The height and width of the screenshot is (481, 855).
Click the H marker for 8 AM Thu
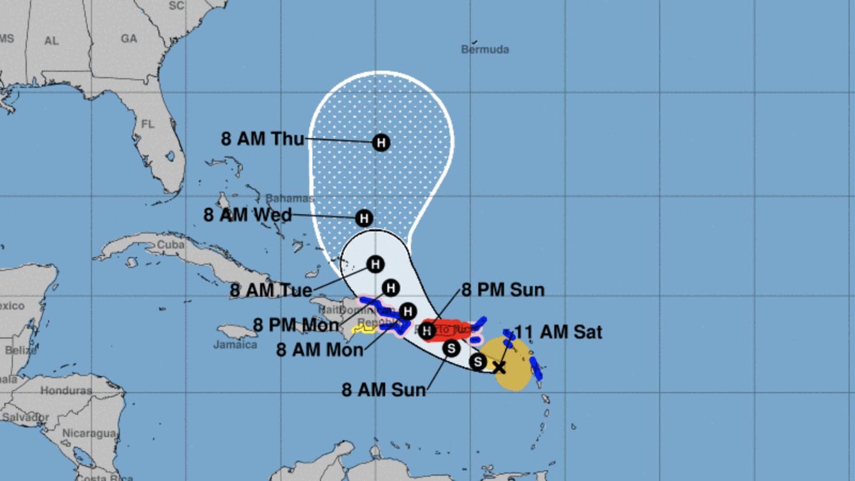pos(381,142)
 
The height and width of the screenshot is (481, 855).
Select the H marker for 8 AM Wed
pos(364,218)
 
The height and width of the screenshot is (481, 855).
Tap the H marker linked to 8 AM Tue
pos(375,264)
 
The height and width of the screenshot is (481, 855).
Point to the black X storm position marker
pos(499,367)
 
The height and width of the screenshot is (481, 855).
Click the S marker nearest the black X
pos(477,362)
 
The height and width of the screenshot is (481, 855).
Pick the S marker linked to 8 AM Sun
pos(451,348)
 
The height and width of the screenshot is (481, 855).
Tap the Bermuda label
pos(485,49)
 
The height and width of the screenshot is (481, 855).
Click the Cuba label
pos(170,244)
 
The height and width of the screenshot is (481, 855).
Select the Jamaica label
pos(235,344)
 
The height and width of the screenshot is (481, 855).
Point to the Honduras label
pos(66,390)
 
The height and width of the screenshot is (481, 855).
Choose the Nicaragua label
pos(89,433)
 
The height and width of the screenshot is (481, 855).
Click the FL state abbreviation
pos(148,124)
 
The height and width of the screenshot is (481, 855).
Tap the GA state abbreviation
pos(128,39)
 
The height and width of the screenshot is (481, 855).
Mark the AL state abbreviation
pos(51,41)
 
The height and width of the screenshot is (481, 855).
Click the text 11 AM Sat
pos(558,332)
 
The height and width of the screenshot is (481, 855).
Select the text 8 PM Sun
pos(502,290)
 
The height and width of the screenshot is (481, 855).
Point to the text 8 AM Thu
pos(262,139)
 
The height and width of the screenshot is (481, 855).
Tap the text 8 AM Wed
pos(247,215)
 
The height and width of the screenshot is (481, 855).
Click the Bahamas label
pos(289,198)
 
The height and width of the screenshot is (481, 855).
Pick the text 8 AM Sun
pos(384,389)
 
